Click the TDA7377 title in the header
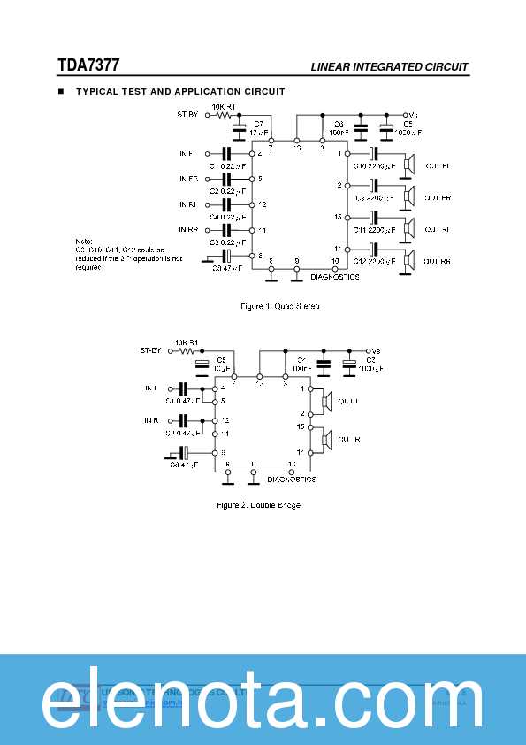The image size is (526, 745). tap(88, 65)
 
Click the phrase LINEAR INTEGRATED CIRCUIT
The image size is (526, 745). tap(389, 67)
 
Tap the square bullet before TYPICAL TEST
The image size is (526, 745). tap(61, 91)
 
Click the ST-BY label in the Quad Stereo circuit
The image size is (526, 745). tap(187, 114)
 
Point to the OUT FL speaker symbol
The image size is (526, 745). tap(409, 165)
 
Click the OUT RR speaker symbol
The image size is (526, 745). tap(409, 261)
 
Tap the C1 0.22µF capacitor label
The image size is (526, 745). tap(227, 165)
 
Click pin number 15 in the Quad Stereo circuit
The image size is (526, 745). tap(338, 216)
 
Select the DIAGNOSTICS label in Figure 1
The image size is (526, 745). tap(334, 277)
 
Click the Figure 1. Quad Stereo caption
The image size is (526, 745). tap(280, 306)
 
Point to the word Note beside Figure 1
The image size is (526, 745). tap(82, 241)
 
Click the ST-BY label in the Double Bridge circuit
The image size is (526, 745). tap(151, 350)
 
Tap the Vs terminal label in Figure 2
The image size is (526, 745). tap(375, 350)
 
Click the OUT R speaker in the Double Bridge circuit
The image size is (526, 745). tap(325, 440)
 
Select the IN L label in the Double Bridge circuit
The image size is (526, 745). tap(150, 388)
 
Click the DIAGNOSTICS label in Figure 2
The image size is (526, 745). tap(291, 479)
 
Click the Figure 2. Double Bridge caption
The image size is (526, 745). tap(258, 505)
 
